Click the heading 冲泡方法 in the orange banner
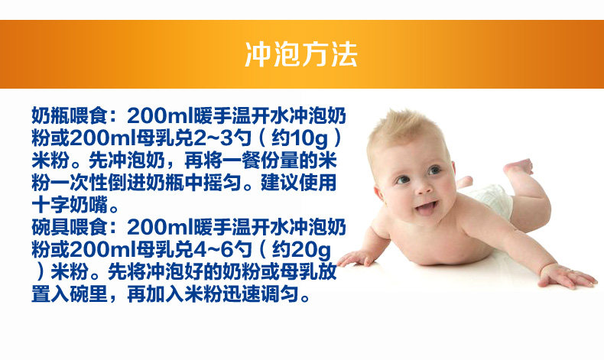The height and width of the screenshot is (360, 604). pyautogui.click(x=301, y=54)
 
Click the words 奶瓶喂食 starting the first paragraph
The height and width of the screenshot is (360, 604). pyautogui.click(x=70, y=115)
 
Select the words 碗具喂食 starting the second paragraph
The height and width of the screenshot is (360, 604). pyautogui.click(x=70, y=227)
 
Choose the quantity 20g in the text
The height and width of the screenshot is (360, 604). pyautogui.click(x=311, y=250)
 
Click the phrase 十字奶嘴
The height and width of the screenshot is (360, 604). pyautogui.click(x=70, y=205)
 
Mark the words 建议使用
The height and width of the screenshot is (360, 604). pyautogui.click(x=298, y=183)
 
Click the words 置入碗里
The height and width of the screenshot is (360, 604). pyautogui.click(x=70, y=294)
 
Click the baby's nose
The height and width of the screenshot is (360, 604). pyautogui.click(x=424, y=187)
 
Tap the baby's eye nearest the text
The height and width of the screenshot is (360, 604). pyautogui.click(x=403, y=180)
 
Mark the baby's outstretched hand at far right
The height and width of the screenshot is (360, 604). pyautogui.click(x=567, y=276)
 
